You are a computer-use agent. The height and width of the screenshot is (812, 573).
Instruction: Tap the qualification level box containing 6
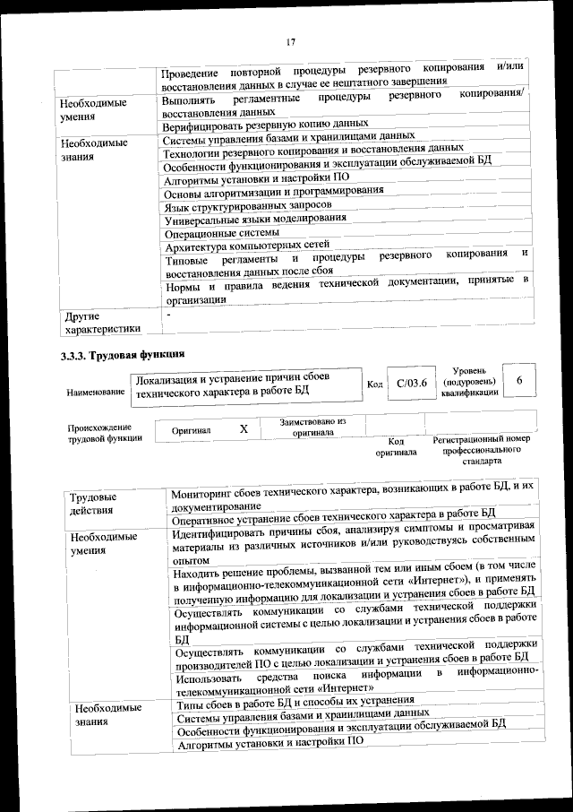[520, 381]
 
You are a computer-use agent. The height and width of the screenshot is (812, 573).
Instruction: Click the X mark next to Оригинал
[244, 429]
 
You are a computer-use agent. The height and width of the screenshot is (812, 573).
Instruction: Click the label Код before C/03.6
[375, 384]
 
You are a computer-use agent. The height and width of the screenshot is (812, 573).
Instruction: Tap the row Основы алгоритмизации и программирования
[275, 191]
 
